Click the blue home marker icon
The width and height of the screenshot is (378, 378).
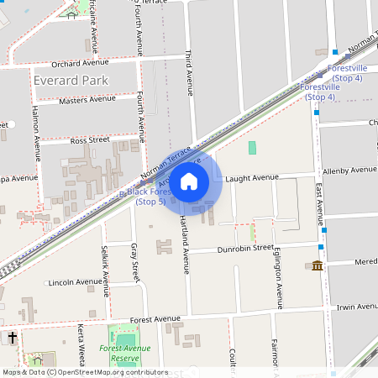point(189,181)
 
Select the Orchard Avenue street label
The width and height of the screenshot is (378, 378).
point(81,63)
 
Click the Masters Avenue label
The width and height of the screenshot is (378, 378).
point(87,99)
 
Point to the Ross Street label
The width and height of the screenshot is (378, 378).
point(89,139)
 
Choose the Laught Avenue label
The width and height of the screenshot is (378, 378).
point(251,178)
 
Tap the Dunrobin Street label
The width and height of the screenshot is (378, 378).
point(243,249)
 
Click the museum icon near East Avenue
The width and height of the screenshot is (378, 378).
point(317,266)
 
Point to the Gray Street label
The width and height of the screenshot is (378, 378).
point(134,261)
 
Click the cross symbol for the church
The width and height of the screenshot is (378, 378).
point(12,338)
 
